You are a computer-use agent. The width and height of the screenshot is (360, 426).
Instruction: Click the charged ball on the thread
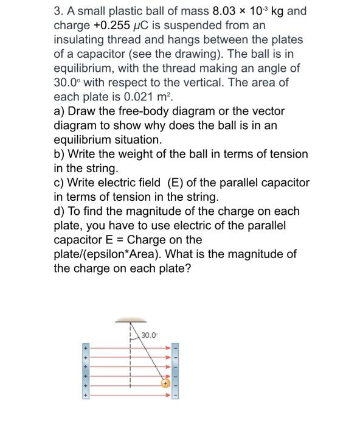164,383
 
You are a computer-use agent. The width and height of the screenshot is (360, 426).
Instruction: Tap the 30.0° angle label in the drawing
149,335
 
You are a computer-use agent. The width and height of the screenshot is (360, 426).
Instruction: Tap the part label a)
60,111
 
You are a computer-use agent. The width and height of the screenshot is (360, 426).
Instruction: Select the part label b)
60,154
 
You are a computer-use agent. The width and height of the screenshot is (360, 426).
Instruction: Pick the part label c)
60,183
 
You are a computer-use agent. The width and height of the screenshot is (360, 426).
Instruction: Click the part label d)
60,211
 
